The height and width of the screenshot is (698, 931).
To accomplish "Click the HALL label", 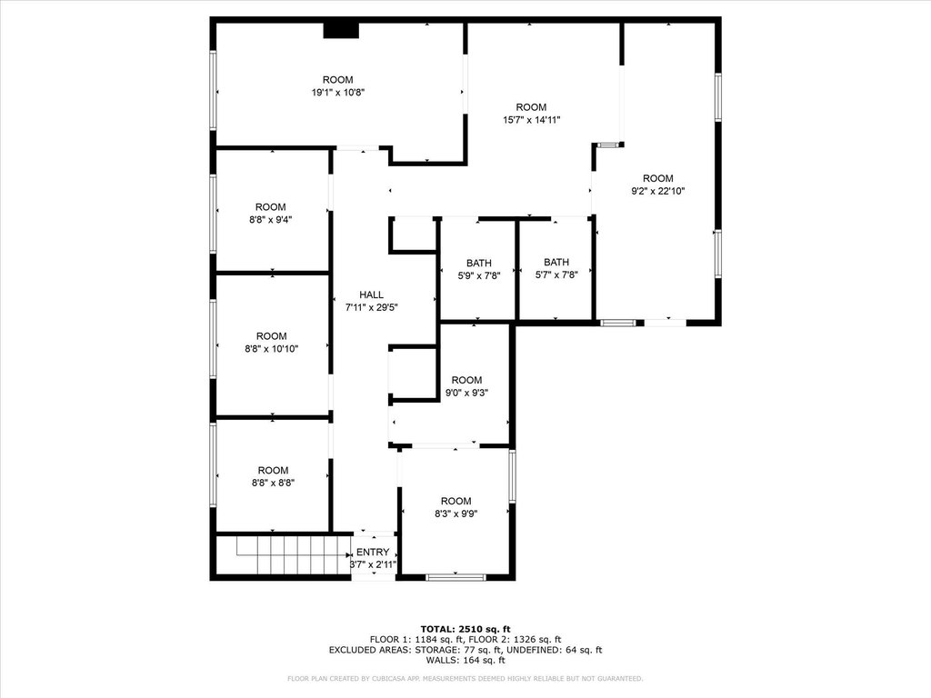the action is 371,294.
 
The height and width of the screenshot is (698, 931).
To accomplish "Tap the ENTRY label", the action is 373,552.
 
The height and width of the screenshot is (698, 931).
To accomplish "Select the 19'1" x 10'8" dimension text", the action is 338,93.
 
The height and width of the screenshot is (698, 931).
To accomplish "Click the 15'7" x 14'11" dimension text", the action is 531,120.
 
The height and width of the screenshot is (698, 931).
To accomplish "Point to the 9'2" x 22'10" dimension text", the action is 658,191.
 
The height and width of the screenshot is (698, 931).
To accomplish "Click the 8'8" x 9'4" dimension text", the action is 271,220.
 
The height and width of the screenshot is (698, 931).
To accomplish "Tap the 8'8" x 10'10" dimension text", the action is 271,349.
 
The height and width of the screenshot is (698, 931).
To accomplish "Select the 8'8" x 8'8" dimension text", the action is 273,484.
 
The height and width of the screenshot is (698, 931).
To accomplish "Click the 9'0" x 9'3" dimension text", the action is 466,393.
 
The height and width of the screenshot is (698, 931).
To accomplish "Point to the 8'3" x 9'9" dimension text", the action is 456,514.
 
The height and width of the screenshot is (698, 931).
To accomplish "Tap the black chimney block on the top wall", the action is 342,30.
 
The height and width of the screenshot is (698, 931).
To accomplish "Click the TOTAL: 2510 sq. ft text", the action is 465,629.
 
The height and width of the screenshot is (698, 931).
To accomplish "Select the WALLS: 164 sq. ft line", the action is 465,660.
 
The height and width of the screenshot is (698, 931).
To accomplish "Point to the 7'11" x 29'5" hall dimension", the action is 371,307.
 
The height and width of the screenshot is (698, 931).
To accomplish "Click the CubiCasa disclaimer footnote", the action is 465,678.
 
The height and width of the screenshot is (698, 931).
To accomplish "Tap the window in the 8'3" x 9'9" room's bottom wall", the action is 456,577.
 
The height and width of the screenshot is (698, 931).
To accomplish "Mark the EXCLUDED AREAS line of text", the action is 465,650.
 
